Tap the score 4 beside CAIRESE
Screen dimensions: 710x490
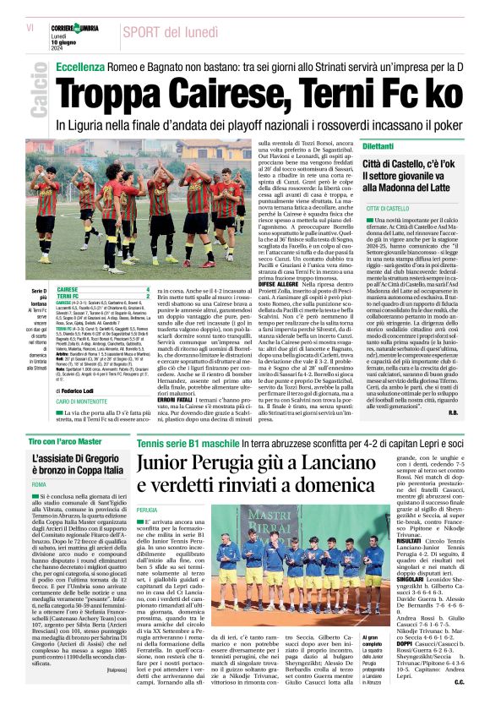(x=148, y=289)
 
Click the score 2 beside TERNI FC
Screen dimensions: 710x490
(x=148, y=297)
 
